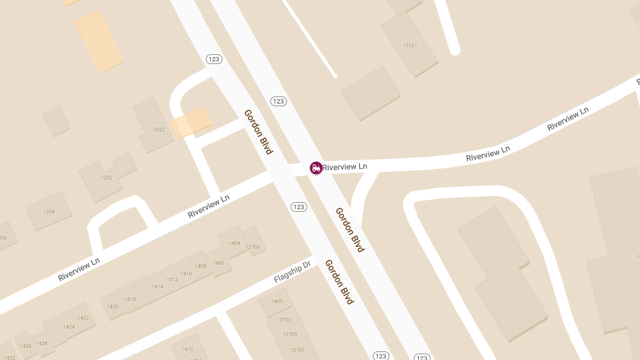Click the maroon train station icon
(x=316, y=168)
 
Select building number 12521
(x=410, y=45)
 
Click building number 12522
(x=158, y=130)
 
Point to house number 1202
(x=107, y=178)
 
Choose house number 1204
(x=49, y=212)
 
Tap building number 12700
(x=253, y=247)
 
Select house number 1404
(x=234, y=243)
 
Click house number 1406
(x=219, y=263)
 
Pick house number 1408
(x=201, y=266)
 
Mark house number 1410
(x=186, y=274)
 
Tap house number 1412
(x=172, y=279)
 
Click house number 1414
(x=157, y=286)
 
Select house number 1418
(x=130, y=299)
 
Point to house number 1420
(x=113, y=307)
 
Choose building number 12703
(x=283, y=320)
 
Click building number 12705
(x=290, y=334)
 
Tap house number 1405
(x=277, y=301)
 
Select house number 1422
(x=83, y=318)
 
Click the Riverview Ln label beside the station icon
(x=345, y=167)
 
